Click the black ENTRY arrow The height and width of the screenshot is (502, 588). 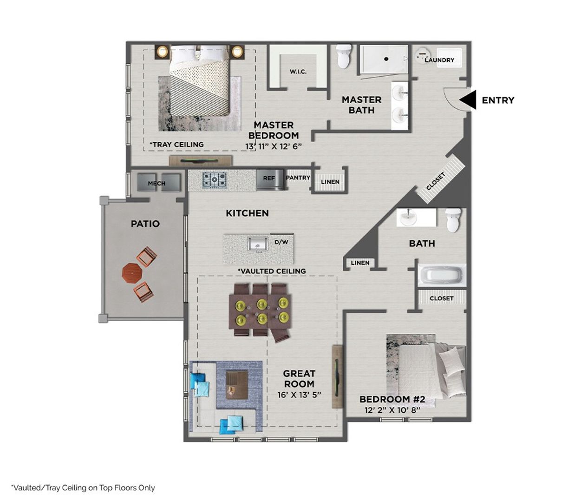[x=468, y=100]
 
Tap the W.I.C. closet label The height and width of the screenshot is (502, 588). [x=298, y=72]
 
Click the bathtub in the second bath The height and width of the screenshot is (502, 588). [x=442, y=275]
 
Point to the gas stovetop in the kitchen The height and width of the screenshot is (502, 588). [x=215, y=179]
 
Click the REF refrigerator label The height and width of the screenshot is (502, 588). [x=269, y=178]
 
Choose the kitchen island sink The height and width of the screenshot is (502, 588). [x=257, y=244]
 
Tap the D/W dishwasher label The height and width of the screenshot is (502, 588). [x=281, y=242]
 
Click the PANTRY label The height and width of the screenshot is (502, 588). [x=298, y=178]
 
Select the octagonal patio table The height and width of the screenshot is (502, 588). [x=131, y=273]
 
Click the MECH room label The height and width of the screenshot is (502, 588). [x=157, y=183]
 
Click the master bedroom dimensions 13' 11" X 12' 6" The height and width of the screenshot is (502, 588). [x=274, y=146]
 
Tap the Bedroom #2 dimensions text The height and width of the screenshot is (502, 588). [x=392, y=410]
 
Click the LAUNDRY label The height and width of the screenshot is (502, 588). [x=439, y=60]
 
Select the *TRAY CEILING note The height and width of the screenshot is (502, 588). [x=176, y=145]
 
